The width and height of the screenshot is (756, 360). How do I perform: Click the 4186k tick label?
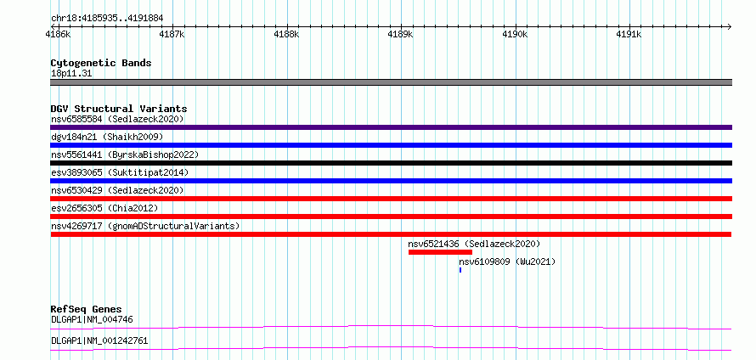[58, 35]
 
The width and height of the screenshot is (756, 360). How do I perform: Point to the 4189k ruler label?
[401, 35]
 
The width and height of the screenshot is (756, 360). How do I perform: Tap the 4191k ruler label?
[629, 35]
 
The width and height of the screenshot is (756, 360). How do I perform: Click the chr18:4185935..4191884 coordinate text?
[107, 19]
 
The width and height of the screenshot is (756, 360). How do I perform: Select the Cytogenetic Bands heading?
[101, 63]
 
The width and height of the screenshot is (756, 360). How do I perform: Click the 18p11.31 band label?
[71, 74]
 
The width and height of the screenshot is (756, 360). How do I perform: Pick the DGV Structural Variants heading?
[119, 109]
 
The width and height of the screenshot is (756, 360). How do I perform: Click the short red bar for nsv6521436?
[440, 252]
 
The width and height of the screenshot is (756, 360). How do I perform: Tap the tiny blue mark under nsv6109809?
[460, 270]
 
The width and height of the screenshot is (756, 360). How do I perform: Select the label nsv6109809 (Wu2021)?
[507, 262]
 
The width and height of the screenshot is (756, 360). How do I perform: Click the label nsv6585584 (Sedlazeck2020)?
[117, 119]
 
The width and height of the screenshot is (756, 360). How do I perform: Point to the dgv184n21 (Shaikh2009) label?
[107, 137]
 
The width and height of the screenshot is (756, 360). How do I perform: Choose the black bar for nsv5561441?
[391, 163]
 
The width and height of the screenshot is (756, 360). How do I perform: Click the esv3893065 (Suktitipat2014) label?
[120, 172]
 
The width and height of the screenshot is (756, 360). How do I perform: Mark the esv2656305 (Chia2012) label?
[104, 208]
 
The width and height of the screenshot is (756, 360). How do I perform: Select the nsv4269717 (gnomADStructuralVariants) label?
[145, 226]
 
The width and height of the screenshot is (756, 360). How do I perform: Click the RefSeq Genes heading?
[87, 309]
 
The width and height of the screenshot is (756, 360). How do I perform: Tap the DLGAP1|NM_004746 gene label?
[92, 319]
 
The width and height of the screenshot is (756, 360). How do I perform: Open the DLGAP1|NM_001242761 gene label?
[99, 341]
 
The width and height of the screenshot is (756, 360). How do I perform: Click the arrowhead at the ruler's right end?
[730, 26]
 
